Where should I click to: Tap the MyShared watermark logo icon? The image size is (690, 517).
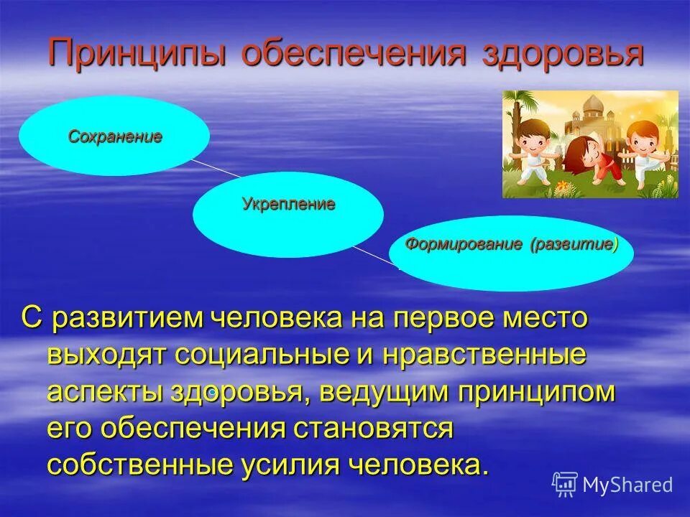coord(565,484)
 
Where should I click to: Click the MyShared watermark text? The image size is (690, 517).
coord(627,485)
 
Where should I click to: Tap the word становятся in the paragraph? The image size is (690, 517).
coord(373,429)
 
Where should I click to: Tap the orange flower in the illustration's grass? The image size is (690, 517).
coord(561,187)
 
